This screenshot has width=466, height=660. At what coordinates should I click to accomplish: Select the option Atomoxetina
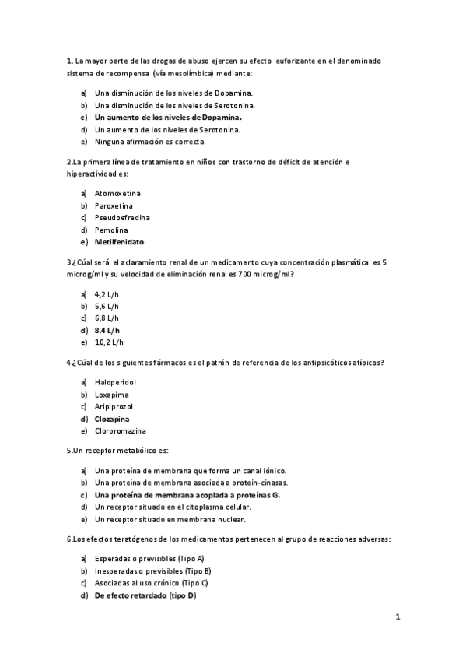(118, 192)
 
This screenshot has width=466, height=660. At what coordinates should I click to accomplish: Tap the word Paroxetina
(114, 205)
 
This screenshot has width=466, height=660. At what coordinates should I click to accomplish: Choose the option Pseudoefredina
(123, 217)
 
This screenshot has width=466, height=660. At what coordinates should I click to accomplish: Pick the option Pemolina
(111, 230)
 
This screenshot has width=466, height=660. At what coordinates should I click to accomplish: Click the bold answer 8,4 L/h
(107, 330)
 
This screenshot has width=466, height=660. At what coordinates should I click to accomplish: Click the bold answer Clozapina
(112, 418)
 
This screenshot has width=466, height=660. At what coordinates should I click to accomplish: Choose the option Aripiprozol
(114, 405)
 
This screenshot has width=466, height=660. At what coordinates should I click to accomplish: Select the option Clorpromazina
(121, 430)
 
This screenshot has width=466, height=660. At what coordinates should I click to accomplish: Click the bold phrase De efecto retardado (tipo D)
(145, 595)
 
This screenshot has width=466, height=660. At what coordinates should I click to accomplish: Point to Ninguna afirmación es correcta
(150, 142)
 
